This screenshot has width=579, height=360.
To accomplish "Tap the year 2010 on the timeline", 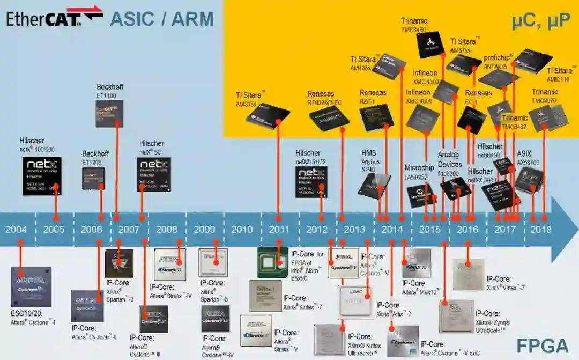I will coord(242,230).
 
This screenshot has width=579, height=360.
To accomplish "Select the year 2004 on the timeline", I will coord(16,230).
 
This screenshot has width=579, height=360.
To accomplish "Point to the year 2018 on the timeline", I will coord(540,230).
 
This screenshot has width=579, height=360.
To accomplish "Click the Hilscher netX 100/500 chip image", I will coord(42,176).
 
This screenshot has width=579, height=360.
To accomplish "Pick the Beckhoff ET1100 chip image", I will coord(109,113).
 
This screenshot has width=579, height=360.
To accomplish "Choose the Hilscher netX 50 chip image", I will coord(154,174).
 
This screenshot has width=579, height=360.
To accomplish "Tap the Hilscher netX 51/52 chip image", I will coord(311,182).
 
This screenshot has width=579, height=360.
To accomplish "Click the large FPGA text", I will coord(541,345).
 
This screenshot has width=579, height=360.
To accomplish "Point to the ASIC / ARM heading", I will coord(162,19).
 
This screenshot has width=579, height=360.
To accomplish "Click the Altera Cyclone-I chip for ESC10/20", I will coord(31,286).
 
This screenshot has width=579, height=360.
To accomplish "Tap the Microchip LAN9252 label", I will coord(419,172).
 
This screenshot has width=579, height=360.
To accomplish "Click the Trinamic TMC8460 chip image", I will coord(430,45).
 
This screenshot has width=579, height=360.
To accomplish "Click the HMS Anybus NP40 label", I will coord(370,161).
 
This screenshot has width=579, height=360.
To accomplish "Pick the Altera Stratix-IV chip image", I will coord(170,264).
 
